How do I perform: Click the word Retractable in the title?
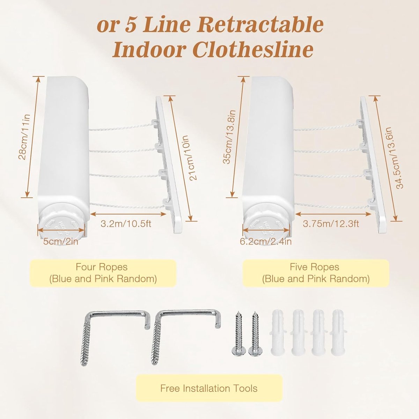click(260, 25)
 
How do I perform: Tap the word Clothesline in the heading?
click(253, 50)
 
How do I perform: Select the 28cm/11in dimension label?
click(24, 137)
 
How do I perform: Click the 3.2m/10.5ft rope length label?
click(126, 223)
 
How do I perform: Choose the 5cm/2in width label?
click(61, 241)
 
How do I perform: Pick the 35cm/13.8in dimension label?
click(229, 137)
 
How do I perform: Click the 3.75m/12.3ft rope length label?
click(331, 223)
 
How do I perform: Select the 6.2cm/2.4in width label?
click(266, 241)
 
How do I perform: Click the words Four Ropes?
click(102, 267)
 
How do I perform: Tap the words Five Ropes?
click(314, 267)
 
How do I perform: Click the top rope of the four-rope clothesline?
click(122, 127)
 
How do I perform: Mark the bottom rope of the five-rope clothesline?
click(332, 206)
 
